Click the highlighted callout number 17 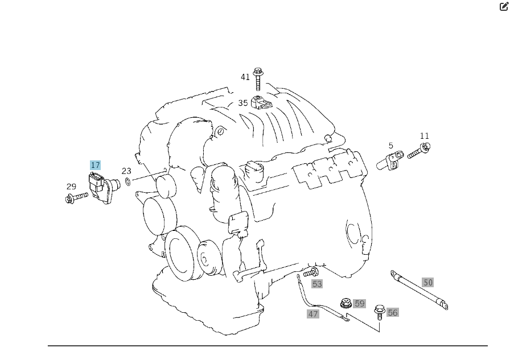point(95,165)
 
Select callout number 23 point(126,171)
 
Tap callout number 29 point(71,187)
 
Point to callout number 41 point(245,77)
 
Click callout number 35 point(243,103)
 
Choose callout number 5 point(391,146)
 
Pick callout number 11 point(425,136)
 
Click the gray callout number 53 point(317,284)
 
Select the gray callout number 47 point(313,313)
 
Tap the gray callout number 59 point(359,304)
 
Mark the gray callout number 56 point(393,312)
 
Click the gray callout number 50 point(428,282)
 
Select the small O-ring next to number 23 point(128,182)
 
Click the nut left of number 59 point(344,304)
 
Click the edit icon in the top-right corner point(504,7)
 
